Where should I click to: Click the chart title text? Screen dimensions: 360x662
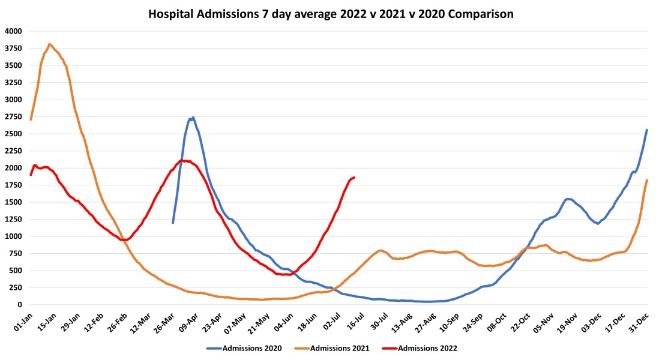[331, 14]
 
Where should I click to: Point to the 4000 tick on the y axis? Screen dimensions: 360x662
[13, 31]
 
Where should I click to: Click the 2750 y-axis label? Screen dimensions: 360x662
[13, 117]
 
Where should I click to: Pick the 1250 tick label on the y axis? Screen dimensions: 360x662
[13, 220]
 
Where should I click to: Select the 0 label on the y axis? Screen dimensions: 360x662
[19, 305]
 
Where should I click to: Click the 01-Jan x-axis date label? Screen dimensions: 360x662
[23, 321]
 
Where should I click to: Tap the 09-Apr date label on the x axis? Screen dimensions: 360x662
[187, 321]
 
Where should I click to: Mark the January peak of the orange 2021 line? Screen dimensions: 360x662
[49, 44]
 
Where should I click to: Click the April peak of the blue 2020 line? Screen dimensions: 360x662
[193, 118]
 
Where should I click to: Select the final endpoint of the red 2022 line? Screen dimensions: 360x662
[354, 177]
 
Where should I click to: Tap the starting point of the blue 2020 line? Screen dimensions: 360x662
[173, 223]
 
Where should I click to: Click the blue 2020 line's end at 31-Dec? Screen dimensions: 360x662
[646, 130]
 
